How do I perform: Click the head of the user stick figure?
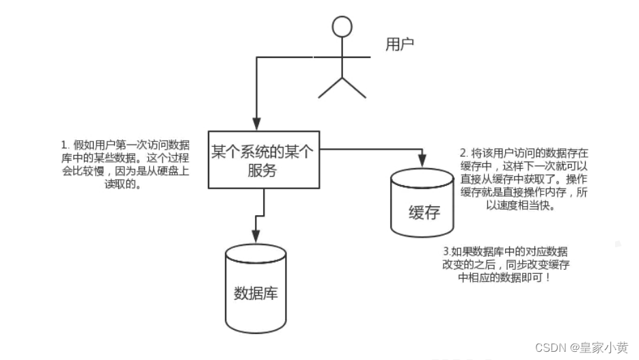tap(342, 27)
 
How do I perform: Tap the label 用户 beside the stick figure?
tap(400, 45)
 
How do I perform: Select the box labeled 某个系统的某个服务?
tap(262, 159)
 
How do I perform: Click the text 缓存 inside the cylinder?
tap(423, 212)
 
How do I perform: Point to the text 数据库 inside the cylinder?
tap(256, 294)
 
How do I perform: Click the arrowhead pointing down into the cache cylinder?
tap(422, 162)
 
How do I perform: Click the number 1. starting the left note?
tap(65, 146)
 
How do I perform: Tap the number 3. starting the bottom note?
tap(447, 251)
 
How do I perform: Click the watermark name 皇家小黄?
tap(604, 347)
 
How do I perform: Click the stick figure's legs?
tap(342, 86)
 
